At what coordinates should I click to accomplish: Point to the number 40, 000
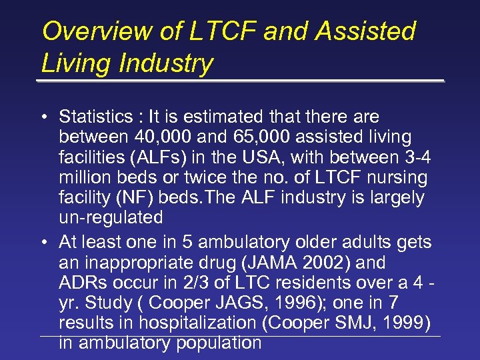point(150,137)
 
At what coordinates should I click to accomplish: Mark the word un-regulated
point(111,217)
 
